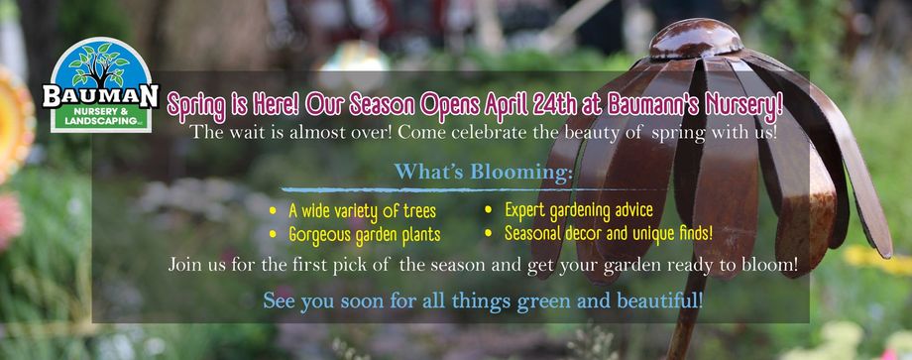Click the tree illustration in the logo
(99, 64)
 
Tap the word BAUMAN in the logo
(101, 96)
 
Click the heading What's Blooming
(483, 173)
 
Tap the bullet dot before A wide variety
(273, 210)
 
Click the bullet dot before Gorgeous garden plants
(273, 234)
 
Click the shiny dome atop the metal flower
(695, 39)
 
